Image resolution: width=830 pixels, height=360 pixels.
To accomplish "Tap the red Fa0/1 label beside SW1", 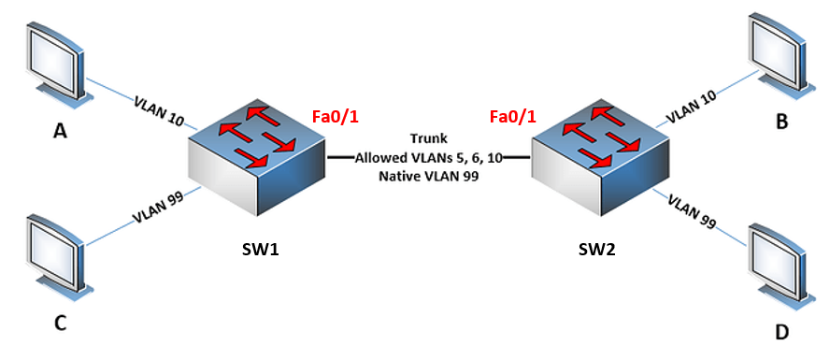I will (335, 117).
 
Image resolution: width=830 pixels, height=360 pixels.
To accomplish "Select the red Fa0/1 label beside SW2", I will (513, 117).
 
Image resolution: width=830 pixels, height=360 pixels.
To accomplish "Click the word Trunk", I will (428, 139).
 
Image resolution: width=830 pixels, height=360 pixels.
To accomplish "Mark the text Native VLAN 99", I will (428, 175).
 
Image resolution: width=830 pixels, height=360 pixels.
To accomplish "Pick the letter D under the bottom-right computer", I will (780, 332).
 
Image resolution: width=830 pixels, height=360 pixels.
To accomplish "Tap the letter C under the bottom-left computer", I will (59, 324).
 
